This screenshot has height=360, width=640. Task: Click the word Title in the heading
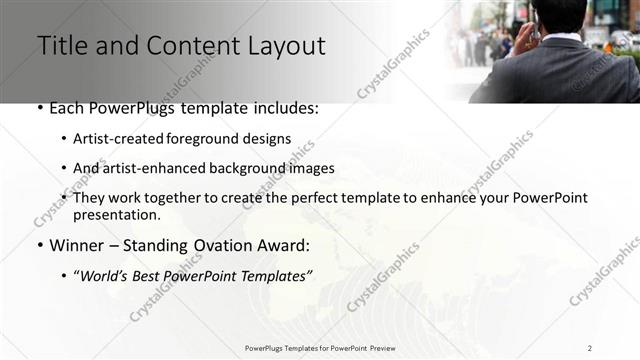click(62, 46)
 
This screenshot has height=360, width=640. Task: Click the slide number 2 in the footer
click(590, 347)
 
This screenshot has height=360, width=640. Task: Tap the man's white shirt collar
click(560, 38)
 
